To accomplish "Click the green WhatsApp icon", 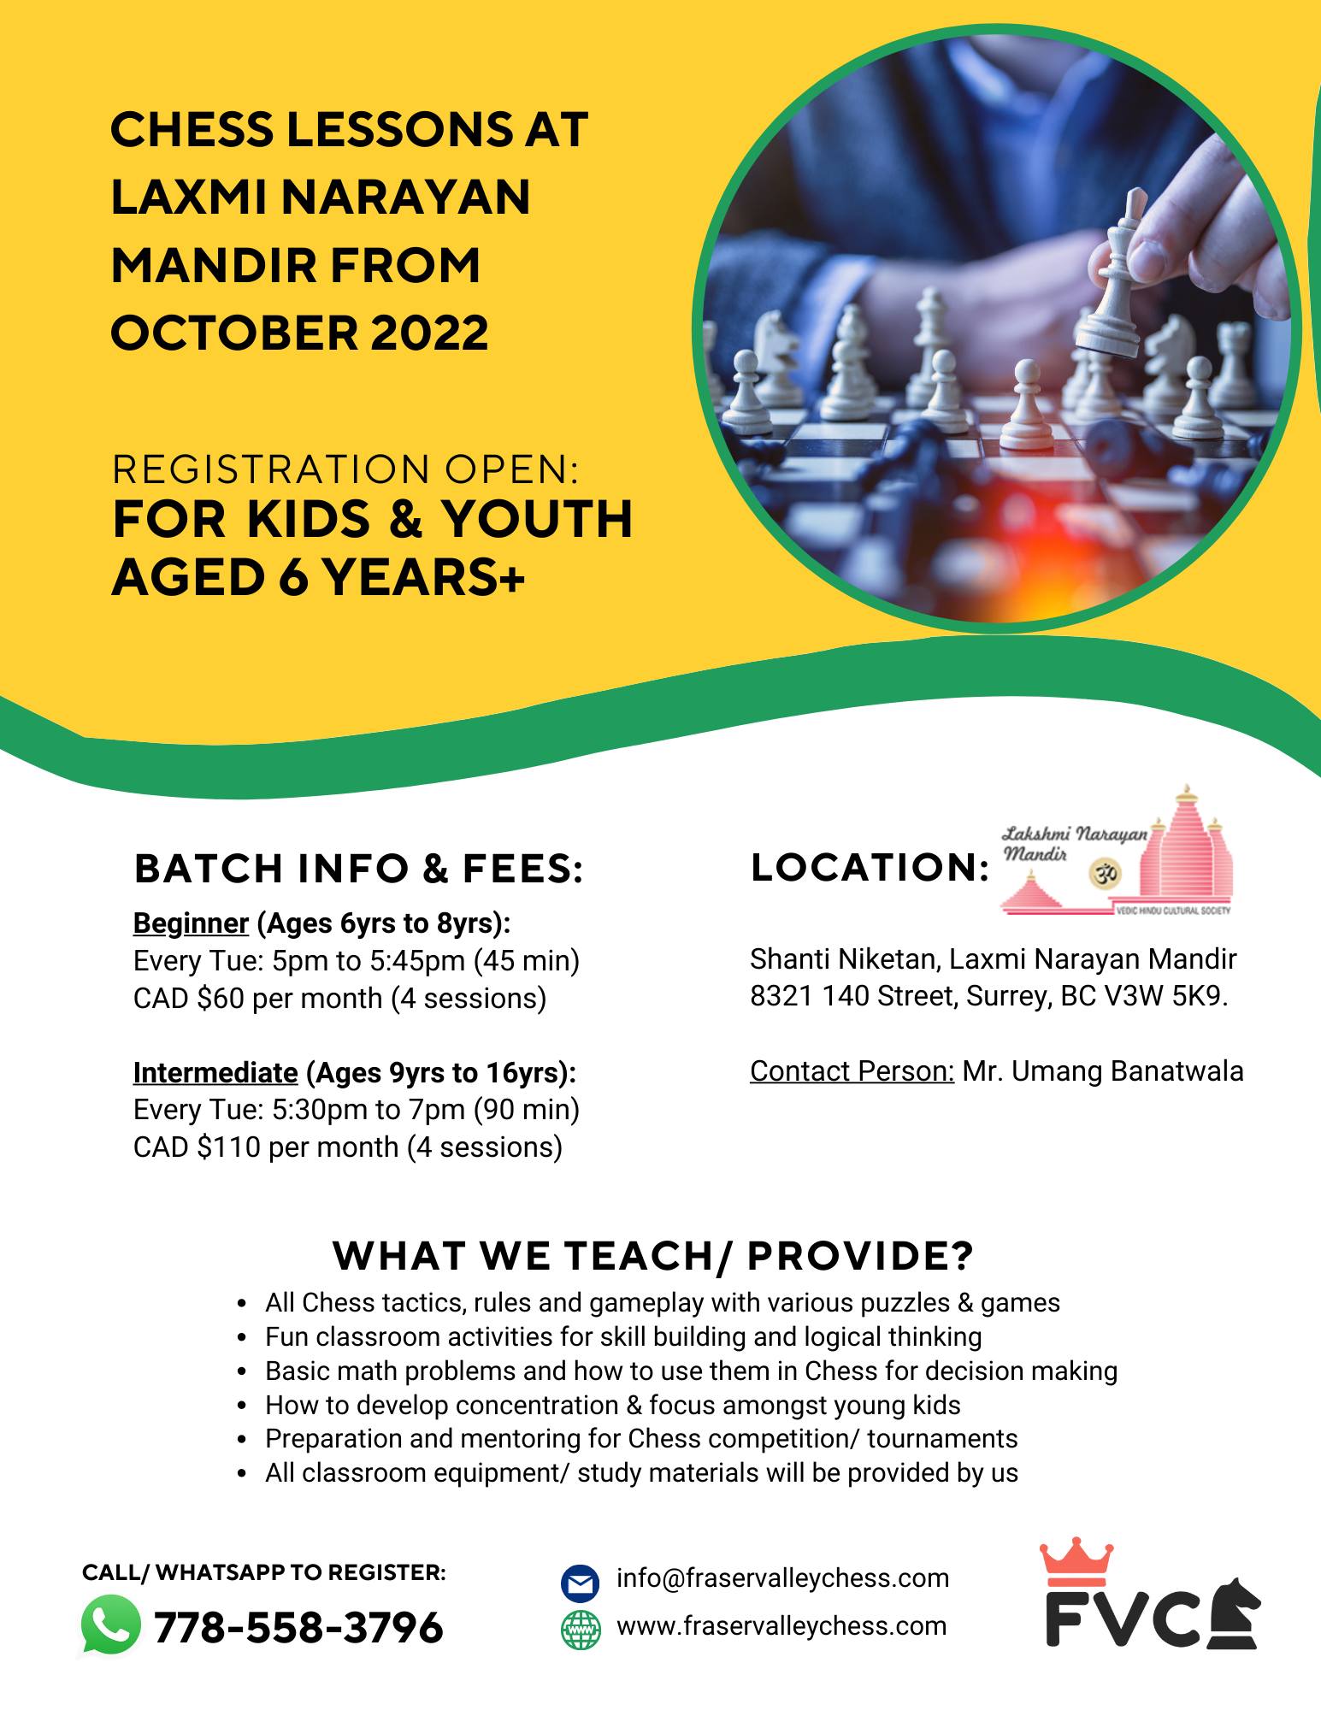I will (111, 1625).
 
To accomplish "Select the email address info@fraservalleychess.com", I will (782, 1578).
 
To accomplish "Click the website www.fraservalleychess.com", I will (781, 1625).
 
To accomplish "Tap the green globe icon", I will (581, 1629).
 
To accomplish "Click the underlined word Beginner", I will (191, 923).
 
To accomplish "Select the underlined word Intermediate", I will (215, 1072).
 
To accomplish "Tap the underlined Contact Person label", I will (852, 1071).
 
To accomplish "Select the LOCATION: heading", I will (870, 868).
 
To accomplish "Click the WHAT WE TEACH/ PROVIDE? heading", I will (653, 1256).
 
